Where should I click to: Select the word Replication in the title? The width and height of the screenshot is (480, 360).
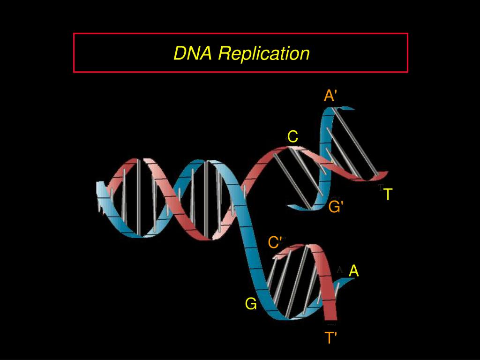point(264,53)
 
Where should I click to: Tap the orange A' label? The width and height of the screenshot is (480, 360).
point(330,96)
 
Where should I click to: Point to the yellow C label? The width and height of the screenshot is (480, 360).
point(292,137)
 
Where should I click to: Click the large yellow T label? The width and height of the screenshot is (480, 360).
point(388,194)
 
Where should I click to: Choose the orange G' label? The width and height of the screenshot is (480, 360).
point(336,206)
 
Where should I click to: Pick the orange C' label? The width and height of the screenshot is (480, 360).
point(275,242)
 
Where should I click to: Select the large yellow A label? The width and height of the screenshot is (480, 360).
point(354,270)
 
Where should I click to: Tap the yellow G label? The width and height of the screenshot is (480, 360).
point(251,304)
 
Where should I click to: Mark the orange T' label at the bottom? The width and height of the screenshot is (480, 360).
point(331,337)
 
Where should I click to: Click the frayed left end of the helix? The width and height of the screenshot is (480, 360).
point(100,197)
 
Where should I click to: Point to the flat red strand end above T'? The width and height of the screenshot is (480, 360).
point(331,321)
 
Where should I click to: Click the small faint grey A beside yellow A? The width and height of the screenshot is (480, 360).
point(340,270)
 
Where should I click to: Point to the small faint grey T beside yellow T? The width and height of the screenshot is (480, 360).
point(380,188)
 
